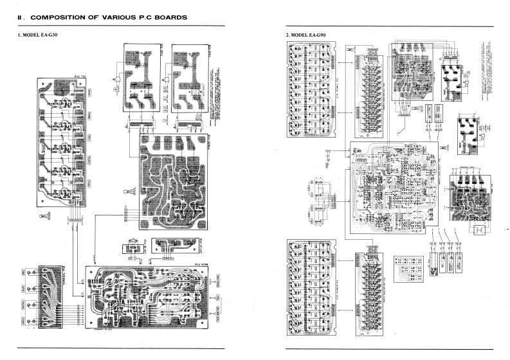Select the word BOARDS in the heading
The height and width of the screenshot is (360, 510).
click(x=171, y=17)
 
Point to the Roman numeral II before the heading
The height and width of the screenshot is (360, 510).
click(x=20, y=17)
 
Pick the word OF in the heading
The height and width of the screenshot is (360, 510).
click(x=95, y=17)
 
